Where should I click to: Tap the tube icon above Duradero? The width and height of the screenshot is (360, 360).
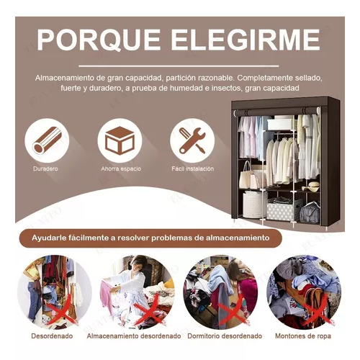(x=47, y=140)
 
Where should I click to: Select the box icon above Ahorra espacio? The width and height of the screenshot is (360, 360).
(x=120, y=140)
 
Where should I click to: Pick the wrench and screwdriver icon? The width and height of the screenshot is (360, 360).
(x=192, y=140)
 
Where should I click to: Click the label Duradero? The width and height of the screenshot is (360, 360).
(x=45, y=168)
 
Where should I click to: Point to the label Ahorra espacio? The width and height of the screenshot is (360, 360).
(x=121, y=168)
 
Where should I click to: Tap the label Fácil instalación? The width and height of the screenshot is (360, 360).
(x=192, y=168)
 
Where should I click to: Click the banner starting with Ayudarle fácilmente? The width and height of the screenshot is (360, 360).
(x=150, y=238)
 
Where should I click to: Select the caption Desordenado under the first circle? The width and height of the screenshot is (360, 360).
(x=52, y=336)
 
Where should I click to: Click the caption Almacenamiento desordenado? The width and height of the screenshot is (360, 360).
(x=134, y=336)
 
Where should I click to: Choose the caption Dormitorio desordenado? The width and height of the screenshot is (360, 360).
(x=225, y=336)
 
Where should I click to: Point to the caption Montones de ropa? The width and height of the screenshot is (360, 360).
(x=303, y=336)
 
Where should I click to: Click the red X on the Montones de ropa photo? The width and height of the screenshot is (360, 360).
(x=316, y=312)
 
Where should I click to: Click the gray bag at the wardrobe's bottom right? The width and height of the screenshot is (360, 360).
(x=310, y=212)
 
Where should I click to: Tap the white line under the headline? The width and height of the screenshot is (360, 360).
(x=179, y=66)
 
